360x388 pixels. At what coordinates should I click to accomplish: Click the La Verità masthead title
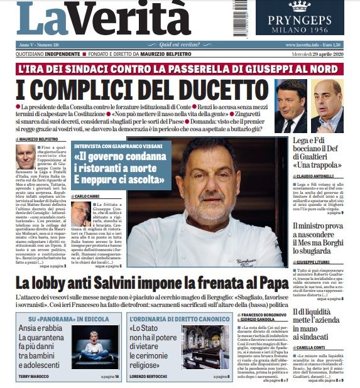pyautogui.click(x=104, y=19)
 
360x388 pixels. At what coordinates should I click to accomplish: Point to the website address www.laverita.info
pyautogui.click(x=302, y=45)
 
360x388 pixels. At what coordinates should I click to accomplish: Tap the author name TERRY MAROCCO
pyautogui.click(x=33, y=377)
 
